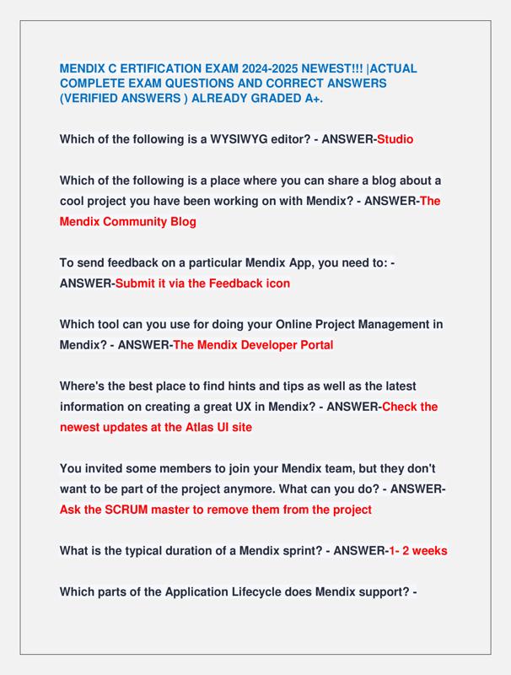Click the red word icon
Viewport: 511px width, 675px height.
[x=275, y=283]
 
